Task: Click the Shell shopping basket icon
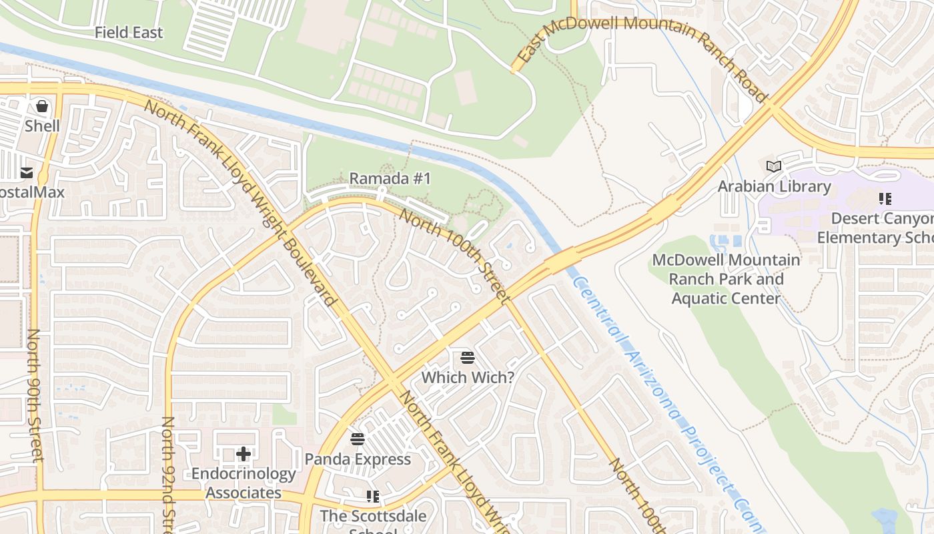pos(42,106)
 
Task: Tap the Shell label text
pos(42,125)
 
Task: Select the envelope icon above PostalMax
pos(27,173)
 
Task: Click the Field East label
pos(128,32)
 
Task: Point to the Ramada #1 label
pos(390,178)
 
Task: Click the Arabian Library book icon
pos(774,166)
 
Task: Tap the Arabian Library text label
pos(774,186)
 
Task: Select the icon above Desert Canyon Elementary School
pos(885,199)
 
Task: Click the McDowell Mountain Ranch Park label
pos(726,278)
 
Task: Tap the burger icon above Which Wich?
pos(468,357)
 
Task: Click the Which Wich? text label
pos(468,377)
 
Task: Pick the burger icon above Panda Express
pos(358,439)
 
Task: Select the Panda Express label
pos(358,459)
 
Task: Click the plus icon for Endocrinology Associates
pos(244,454)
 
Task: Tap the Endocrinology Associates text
pos(244,483)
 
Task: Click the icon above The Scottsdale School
pos(372,496)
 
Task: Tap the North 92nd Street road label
pos(168,474)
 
